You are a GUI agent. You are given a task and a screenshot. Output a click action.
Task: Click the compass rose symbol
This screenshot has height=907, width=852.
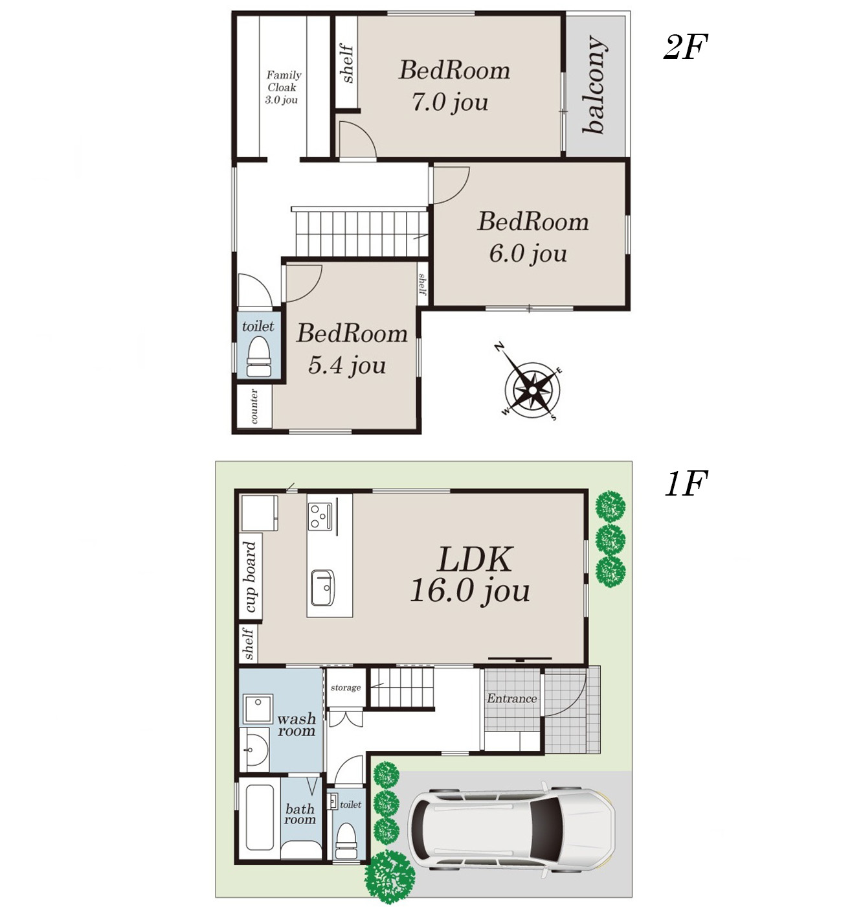(x=532, y=390)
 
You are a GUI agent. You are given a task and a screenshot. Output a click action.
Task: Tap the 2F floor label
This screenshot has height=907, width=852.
(x=686, y=47)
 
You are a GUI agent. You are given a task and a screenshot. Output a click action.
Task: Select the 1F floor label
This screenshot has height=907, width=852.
(x=686, y=484)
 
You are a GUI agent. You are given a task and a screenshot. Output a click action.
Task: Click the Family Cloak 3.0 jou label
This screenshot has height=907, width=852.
(x=283, y=87)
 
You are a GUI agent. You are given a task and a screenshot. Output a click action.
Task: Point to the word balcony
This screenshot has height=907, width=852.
(x=594, y=84)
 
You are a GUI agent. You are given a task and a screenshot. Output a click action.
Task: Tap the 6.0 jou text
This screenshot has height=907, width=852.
(x=528, y=253)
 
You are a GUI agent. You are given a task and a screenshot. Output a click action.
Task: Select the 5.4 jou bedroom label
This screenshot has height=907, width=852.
(x=352, y=349)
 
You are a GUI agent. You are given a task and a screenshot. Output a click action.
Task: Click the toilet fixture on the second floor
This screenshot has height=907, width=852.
(x=258, y=357)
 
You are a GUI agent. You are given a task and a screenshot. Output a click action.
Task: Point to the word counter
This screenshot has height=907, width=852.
(x=254, y=406)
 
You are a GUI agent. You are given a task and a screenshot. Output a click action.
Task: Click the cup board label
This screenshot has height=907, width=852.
(x=250, y=577)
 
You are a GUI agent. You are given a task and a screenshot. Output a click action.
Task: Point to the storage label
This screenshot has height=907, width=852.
(x=346, y=687)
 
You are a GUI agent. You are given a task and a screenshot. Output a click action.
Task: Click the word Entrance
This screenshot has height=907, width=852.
(x=511, y=698)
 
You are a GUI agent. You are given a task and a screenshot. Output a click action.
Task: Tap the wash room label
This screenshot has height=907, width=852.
(x=297, y=724)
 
